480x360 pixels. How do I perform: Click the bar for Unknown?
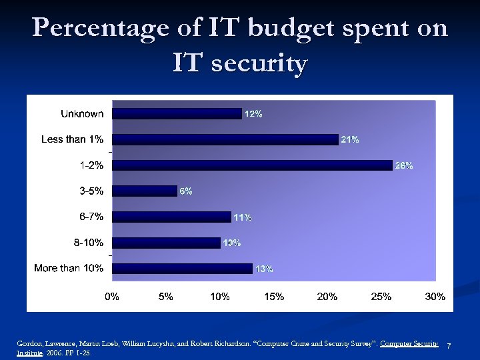177,114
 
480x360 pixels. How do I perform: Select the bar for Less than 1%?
225,139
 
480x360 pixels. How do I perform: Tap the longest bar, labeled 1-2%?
252,165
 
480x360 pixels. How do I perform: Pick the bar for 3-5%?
145,191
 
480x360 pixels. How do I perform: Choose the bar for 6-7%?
171,217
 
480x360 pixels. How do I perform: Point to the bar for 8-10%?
166,243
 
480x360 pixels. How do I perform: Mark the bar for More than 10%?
182,269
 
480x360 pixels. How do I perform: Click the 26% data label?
404,165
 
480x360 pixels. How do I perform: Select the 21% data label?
350,139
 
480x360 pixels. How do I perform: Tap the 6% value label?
185,191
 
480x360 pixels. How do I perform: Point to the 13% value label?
264,269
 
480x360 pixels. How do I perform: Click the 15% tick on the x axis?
274,297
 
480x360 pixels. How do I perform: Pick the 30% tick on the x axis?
435,297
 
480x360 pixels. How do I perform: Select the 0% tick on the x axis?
112,297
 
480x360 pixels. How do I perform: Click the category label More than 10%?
69,268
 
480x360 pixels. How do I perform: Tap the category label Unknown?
82,114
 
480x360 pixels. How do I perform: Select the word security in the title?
257,64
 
